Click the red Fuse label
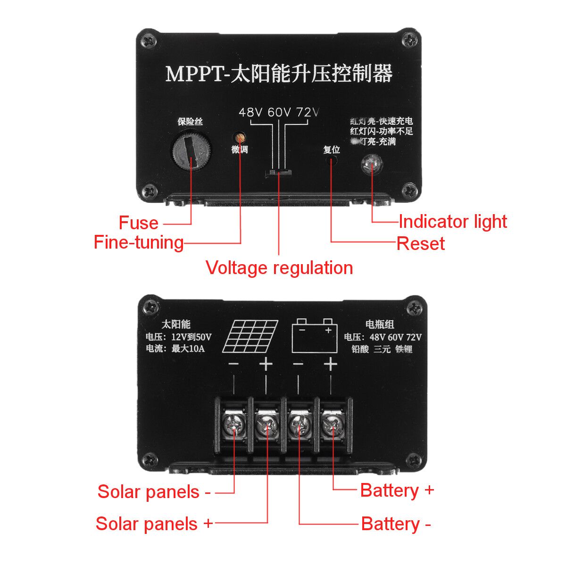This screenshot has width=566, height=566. coord(138,223)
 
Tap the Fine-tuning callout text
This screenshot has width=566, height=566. coord(139,242)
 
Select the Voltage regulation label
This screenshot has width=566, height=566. coord(279,268)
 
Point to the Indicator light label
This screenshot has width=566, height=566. coord(452,222)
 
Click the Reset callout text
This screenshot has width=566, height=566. coord(421,244)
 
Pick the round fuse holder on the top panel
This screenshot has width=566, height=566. coord(191,150)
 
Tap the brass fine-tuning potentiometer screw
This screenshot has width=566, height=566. coord(240,138)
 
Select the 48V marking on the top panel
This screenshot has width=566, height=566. coord(250,113)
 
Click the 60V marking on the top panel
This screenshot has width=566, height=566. coord(279,113)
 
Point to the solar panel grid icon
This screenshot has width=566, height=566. coord(250,336)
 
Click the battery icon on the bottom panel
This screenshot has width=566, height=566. coord(315,336)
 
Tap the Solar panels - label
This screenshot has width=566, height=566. coord(154,492)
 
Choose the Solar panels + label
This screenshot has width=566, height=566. coord(154,524)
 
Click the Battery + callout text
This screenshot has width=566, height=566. coord(397,491)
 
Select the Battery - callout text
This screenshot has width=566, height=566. coord(396,524)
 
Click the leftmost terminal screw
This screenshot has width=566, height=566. coord(233,426)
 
